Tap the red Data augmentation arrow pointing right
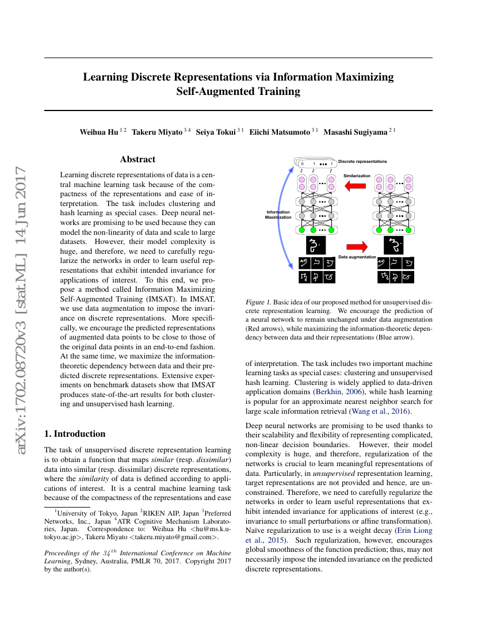click(357, 246)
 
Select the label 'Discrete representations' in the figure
click(362, 162)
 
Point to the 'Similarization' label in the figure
click(357, 176)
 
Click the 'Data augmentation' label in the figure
click(357, 257)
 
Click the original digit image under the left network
click(314, 245)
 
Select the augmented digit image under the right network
click(394, 245)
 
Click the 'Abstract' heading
click(137, 159)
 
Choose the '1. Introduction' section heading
click(75, 433)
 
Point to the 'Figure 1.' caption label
click(258, 302)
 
